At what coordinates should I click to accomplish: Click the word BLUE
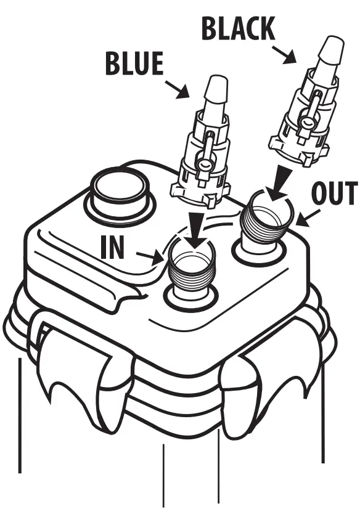tap(134, 64)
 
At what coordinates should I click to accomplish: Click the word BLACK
tap(237, 29)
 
